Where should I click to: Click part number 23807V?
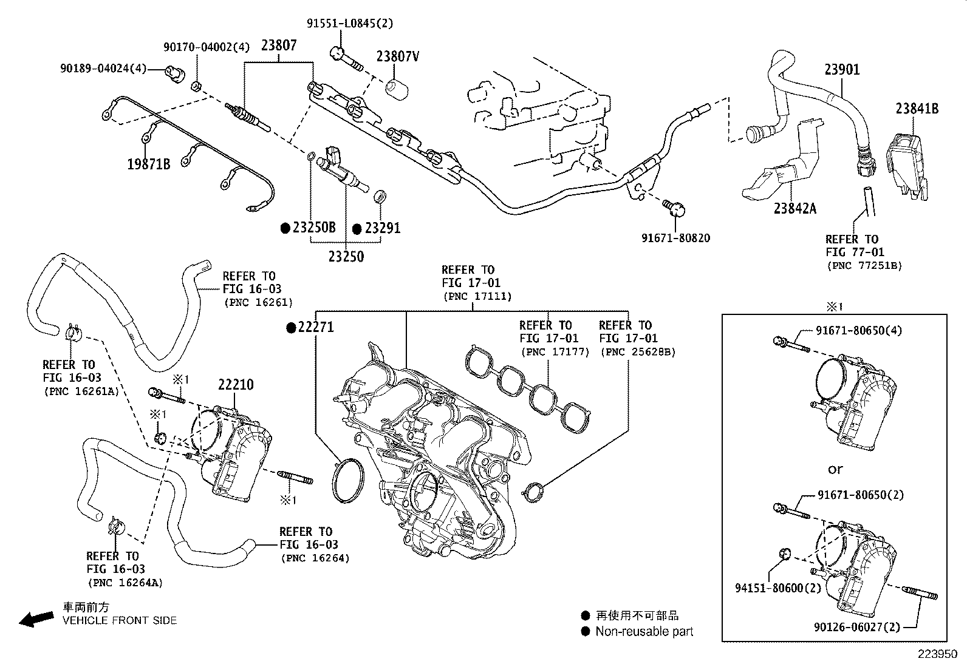coord(398,56)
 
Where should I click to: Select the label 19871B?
coord(149,163)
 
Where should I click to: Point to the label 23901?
coord(842,69)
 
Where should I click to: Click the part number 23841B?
coord(917,109)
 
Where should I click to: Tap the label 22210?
coord(236,385)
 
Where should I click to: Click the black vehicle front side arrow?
coord(36,618)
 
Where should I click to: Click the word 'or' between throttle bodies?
coord(835,469)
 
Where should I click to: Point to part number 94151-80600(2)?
coord(777,588)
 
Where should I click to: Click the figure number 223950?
coord(937,655)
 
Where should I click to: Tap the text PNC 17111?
coord(477,296)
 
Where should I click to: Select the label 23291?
coord(382,228)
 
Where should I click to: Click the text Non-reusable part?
coord(644,631)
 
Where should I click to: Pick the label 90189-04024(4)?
coord(103,68)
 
